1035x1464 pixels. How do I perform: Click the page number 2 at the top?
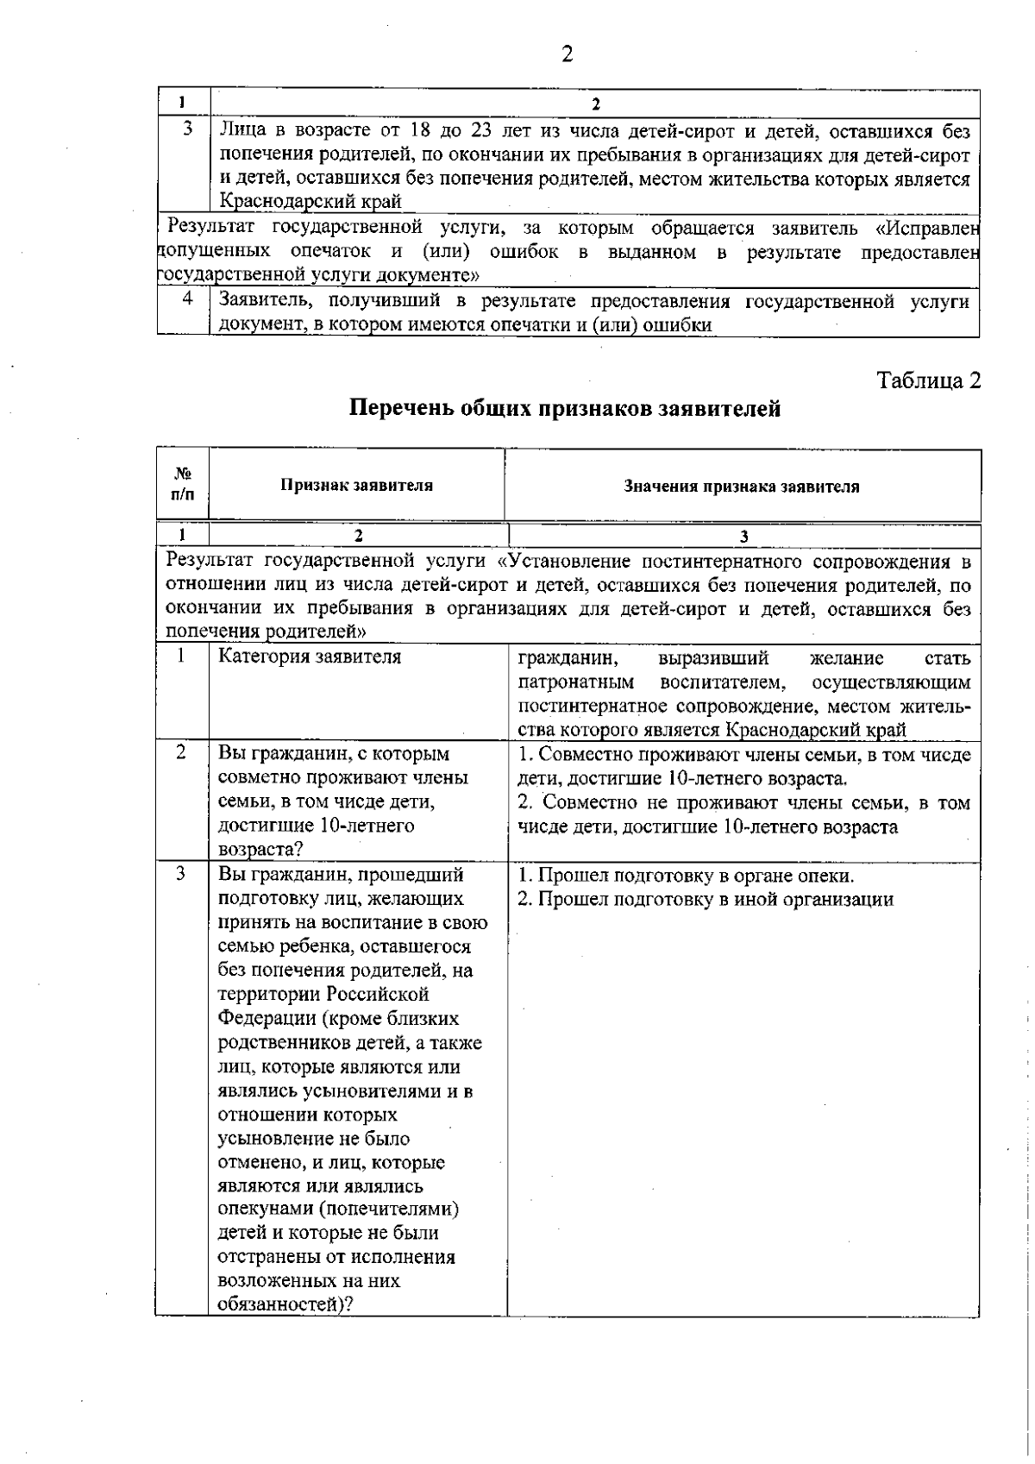pyautogui.click(x=567, y=55)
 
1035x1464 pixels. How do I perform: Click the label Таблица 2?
pyautogui.click(x=928, y=380)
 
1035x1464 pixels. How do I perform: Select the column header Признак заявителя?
pyautogui.click(x=356, y=485)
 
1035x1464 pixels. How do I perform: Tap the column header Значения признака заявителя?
pyautogui.click(x=742, y=487)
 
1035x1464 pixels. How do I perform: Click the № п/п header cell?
pyautogui.click(x=183, y=484)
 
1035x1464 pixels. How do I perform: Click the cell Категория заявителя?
pyautogui.click(x=310, y=657)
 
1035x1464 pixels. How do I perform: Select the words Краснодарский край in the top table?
pyautogui.click(x=310, y=203)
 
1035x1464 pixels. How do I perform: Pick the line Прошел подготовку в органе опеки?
pyautogui.click(x=686, y=876)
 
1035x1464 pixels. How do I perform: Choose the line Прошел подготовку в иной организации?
pyautogui.click(x=705, y=900)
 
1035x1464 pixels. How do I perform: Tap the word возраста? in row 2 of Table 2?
pyautogui.click(x=260, y=850)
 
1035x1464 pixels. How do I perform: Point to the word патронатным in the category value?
pyautogui.click(x=576, y=682)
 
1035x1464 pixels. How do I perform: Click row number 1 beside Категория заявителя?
pyautogui.click(x=182, y=656)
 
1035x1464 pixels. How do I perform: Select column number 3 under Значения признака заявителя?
pyautogui.click(x=743, y=536)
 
